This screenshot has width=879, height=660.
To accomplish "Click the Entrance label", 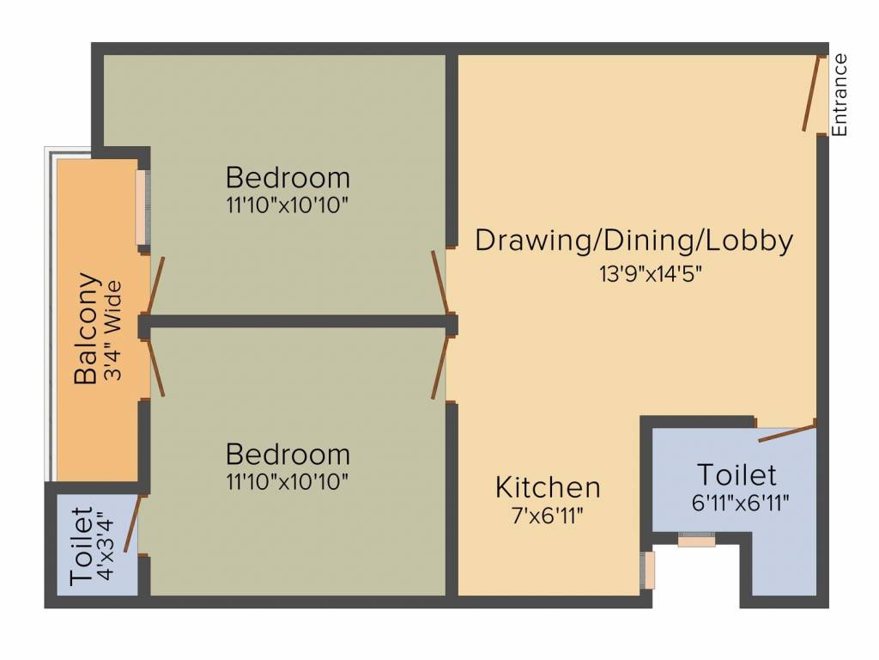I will (840, 95).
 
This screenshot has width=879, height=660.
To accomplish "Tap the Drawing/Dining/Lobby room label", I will (633, 241).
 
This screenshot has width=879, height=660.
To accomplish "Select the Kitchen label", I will (548, 487).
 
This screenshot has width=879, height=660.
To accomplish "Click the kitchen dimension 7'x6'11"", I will (548, 516).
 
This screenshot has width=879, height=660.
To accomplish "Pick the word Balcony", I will (86, 328).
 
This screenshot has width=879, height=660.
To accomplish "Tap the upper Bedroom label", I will (288, 178).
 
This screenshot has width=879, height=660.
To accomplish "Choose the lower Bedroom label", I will (288, 454).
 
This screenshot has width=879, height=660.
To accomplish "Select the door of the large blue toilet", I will (786, 431).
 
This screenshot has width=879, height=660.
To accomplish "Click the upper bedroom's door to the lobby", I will (439, 281).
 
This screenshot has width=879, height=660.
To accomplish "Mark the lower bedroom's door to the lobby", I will (439, 367).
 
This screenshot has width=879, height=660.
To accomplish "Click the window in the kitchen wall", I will (650, 570).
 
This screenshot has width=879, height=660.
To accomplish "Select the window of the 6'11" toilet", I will (696, 540).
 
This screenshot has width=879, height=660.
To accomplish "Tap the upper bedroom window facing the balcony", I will (142, 206).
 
